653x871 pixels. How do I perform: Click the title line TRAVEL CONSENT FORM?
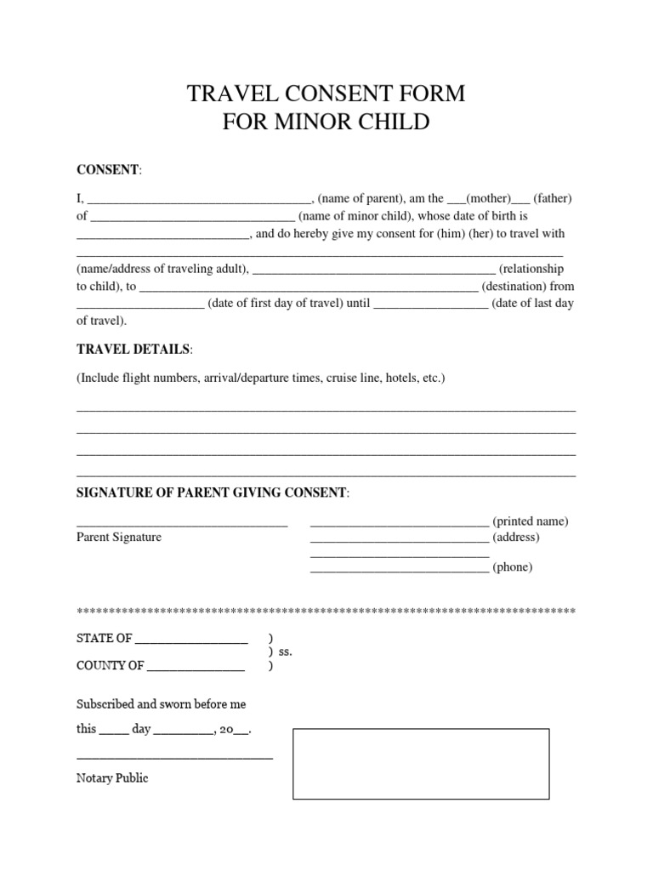(x=326, y=94)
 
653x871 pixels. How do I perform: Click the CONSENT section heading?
(x=108, y=169)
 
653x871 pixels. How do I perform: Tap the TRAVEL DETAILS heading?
(x=133, y=350)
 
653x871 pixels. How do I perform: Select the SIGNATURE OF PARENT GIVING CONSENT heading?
(x=212, y=492)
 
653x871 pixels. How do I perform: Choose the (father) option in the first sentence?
(x=553, y=198)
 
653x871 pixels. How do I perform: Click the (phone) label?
(x=513, y=567)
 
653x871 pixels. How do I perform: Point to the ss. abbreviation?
(x=285, y=652)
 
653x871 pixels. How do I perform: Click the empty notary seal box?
(x=421, y=763)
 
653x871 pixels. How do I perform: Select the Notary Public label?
(x=112, y=777)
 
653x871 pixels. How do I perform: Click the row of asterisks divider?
(x=326, y=612)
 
